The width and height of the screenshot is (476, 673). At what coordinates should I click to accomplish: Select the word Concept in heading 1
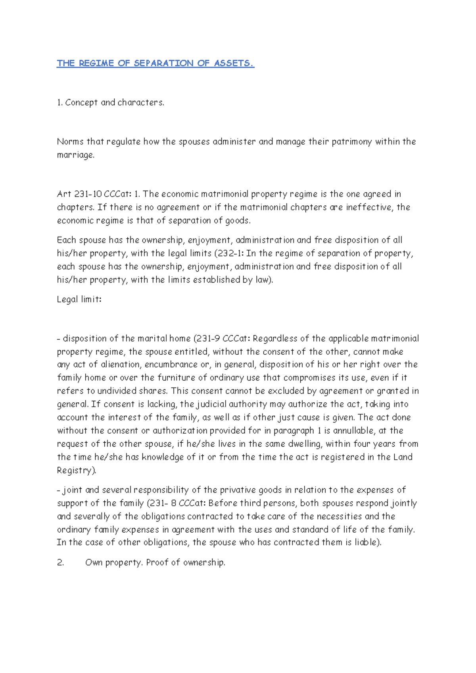(x=81, y=103)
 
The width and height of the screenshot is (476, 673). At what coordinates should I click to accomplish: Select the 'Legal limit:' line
(x=79, y=299)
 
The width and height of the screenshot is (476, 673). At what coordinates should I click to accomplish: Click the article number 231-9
(x=208, y=339)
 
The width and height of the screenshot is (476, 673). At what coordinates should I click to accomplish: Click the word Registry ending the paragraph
(x=76, y=470)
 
